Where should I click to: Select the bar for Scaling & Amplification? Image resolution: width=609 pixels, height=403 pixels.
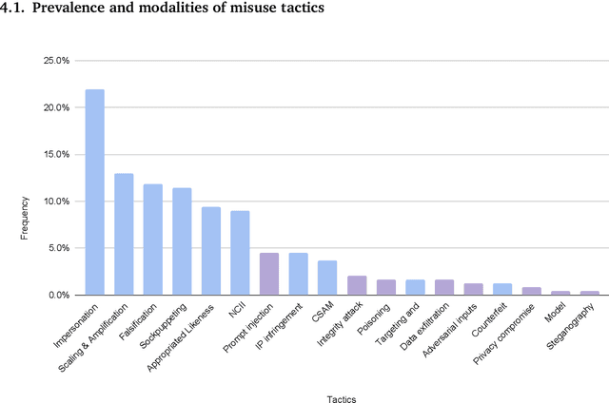pos(124,234)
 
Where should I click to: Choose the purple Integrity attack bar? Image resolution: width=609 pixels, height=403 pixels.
pos(357,285)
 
